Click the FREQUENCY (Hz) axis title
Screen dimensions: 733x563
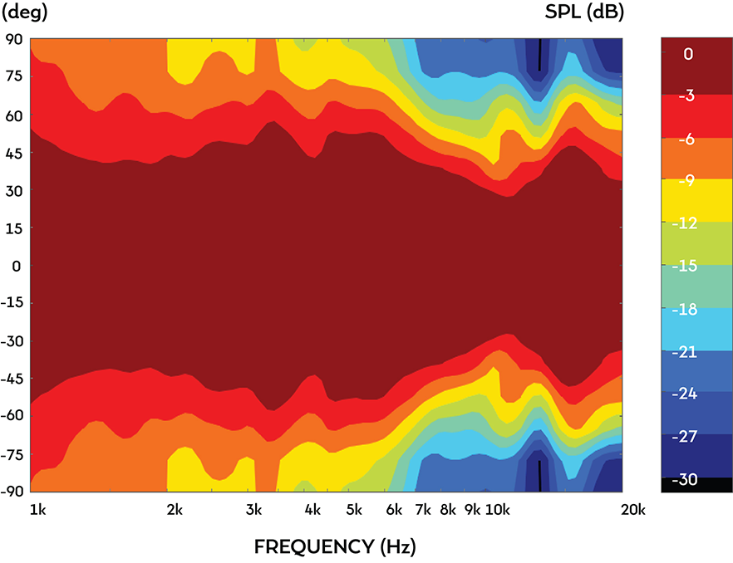(x=335, y=546)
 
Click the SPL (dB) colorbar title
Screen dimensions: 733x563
(x=584, y=12)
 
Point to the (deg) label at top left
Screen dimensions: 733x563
(x=24, y=12)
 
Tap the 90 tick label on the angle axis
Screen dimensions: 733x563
(x=14, y=39)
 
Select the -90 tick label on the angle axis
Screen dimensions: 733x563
(x=12, y=491)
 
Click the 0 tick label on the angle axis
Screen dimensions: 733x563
(x=17, y=266)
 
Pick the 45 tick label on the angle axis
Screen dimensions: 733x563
(x=14, y=153)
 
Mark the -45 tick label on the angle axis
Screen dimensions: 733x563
(x=12, y=379)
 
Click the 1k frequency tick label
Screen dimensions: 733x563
(x=38, y=510)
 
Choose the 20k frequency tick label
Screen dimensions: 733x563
(x=633, y=510)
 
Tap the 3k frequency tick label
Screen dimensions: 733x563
(x=253, y=510)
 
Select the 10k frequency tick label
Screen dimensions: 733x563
(x=497, y=510)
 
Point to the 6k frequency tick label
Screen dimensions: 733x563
(x=394, y=510)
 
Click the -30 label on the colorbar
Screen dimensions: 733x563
(x=685, y=479)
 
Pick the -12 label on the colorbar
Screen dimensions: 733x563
(x=685, y=223)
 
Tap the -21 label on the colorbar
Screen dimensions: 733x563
(x=685, y=351)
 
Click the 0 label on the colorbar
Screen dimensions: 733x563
(x=688, y=54)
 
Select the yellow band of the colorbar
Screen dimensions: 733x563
(x=696, y=200)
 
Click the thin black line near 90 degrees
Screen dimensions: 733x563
(x=539, y=55)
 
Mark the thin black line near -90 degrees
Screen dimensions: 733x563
(x=539, y=476)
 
